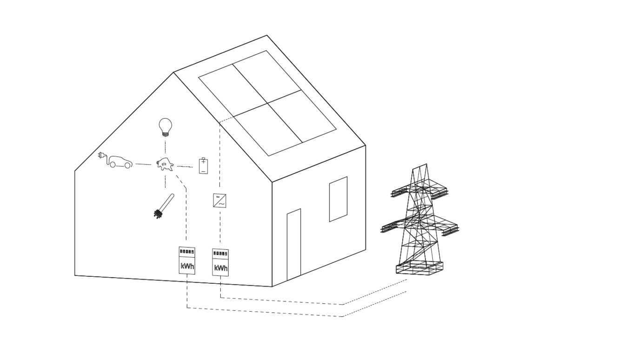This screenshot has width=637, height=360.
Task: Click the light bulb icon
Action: (x=165, y=127)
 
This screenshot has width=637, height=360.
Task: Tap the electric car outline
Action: (x=121, y=162)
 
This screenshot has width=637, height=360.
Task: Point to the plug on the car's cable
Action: (x=101, y=155)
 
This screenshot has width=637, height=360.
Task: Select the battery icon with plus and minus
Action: (x=203, y=166)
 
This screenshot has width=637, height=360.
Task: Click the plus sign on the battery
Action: (x=203, y=162)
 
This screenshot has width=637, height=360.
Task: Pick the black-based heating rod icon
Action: (x=164, y=206)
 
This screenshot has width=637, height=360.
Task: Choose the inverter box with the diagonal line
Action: (x=219, y=200)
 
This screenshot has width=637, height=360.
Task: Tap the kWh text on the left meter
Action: (x=187, y=267)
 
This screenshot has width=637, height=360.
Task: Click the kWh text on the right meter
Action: (x=221, y=268)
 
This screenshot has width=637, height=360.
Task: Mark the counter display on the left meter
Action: (x=187, y=251)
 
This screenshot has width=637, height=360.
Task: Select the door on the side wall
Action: (x=294, y=245)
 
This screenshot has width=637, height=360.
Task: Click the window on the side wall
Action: (x=338, y=199)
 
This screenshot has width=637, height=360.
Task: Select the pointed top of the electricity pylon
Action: (x=420, y=167)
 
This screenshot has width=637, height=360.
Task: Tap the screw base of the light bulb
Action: (x=165, y=134)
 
